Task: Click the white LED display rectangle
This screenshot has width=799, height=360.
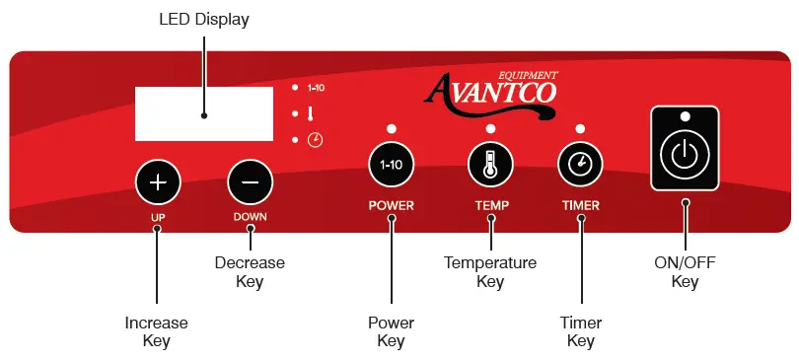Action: [x=203, y=113]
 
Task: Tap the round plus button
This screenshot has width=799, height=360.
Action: [x=159, y=182]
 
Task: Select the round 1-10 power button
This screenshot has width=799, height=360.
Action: [x=391, y=165]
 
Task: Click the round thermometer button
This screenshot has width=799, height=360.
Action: [x=490, y=165]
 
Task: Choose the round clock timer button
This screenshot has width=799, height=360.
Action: [x=579, y=165]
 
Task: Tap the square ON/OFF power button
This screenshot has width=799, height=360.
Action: [x=685, y=153]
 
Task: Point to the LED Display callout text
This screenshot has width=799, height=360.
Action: [x=203, y=20]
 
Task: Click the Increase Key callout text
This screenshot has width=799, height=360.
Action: [x=156, y=331]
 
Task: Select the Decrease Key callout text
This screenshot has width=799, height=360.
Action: [x=250, y=272]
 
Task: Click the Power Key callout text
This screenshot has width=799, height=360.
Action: [x=391, y=331]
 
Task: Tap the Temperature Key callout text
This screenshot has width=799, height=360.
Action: [x=490, y=272]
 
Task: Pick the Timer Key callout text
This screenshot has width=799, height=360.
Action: [x=580, y=331]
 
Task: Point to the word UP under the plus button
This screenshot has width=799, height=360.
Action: [x=158, y=215]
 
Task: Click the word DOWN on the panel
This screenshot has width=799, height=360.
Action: [x=250, y=215]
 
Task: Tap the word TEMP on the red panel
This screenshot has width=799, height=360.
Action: [x=490, y=206]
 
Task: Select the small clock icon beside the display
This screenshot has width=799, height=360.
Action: [x=315, y=140]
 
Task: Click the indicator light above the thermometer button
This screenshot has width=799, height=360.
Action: [x=490, y=129]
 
